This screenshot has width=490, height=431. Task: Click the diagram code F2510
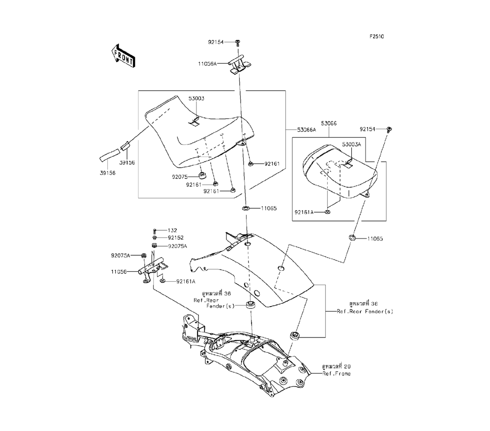[x=377, y=36]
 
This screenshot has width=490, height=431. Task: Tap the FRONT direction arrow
[x=123, y=56]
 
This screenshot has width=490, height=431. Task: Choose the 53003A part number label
[x=351, y=144]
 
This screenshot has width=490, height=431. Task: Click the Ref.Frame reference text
[x=336, y=373]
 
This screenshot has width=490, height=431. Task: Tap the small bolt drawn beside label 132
[x=155, y=230]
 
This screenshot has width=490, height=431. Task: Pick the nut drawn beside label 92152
[x=154, y=238]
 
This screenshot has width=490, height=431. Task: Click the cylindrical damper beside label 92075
[x=202, y=175]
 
